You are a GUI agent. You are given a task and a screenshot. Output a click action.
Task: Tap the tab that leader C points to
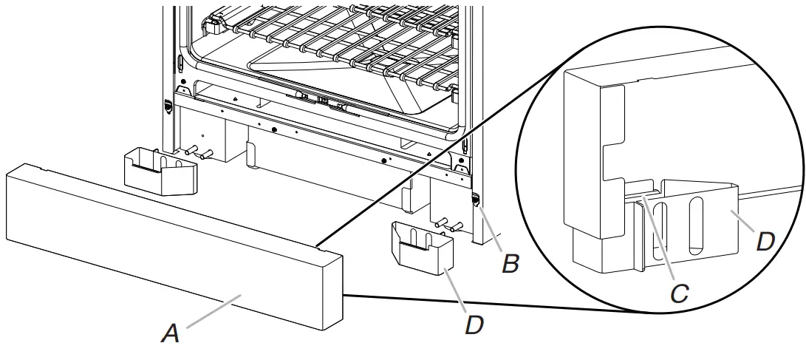tap(641, 194)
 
